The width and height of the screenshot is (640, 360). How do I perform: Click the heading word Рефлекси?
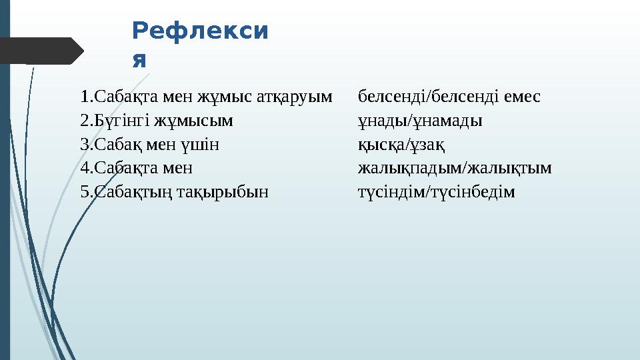click(201, 31)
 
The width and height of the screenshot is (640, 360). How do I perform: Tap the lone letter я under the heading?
click(139, 61)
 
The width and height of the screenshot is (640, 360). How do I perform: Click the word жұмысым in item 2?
click(194, 121)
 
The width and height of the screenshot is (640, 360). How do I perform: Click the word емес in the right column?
click(522, 97)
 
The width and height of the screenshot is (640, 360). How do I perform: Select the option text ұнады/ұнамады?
click(420, 121)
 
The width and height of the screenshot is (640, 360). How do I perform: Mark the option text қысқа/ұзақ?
click(401, 145)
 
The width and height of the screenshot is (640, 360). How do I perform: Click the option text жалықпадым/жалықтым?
click(455, 169)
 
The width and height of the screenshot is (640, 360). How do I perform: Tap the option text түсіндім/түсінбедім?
click(437, 193)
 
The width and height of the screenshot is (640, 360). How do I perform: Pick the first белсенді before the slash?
click(391, 97)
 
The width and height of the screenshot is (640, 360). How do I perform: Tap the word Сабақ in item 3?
click(119, 145)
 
